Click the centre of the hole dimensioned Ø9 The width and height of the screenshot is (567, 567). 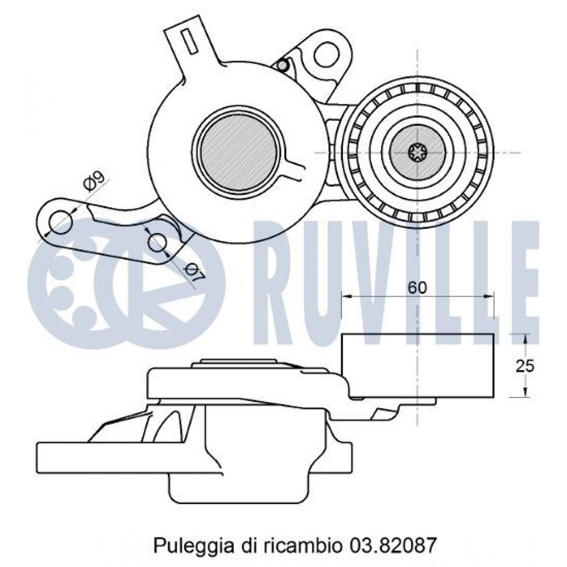(61, 222)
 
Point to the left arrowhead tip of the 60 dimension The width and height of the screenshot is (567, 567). (342, 297)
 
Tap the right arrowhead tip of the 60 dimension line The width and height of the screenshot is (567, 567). (493, 297)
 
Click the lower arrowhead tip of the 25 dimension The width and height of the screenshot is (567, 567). (526, 396)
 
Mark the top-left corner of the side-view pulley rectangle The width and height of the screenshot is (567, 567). (342, 334)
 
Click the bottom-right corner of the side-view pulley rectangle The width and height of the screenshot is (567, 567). (493, 396)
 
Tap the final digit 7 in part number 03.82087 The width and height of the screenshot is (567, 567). (431, 545)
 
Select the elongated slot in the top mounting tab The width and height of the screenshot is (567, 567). (189, 42)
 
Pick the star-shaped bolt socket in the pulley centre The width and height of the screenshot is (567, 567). (418, 153)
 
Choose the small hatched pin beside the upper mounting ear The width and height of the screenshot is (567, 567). (282, 65)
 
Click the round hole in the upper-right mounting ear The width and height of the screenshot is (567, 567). (328, 54)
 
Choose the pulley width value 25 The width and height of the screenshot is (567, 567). (525, 366)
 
